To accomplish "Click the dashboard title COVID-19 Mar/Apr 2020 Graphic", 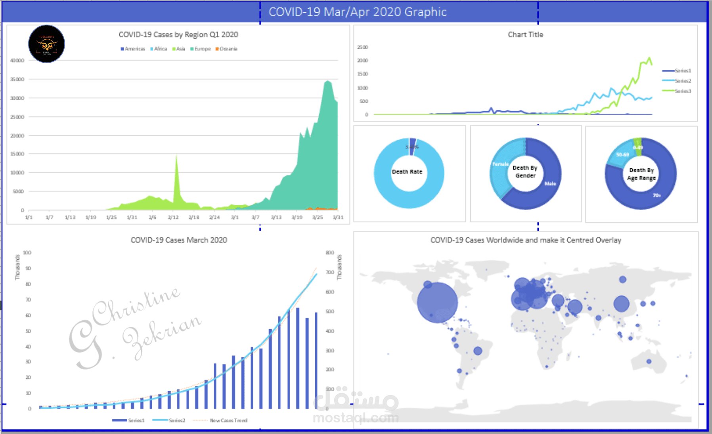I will pyautogui.click(x=358, y=12).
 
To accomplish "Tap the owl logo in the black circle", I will pyautogui.click(x=47, y=44).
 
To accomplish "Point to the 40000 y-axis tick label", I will pyautogui.click(x=17, y=60).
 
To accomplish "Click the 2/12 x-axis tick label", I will pyautogui.click(x=173, y=217).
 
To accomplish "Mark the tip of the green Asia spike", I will pyautogui.click(x=176, y=156).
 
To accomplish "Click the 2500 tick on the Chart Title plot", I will pyautogui.click(x=362, y=47).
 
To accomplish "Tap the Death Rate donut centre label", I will pyautogui.click(x=407, y=172).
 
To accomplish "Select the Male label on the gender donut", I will pyautogui.click(x=550, y=183).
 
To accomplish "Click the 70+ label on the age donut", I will pyautogui.click(x=657, y=195).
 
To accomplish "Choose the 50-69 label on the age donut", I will pyautogui.click(x=622, y=154).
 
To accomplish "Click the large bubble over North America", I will pyautogui.click(x=437, y=303).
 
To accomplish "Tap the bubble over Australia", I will pyautogui.click(x=649, y=361).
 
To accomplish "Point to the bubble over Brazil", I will pyautogui.click(x=478, y=351).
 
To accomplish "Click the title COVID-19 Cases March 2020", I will pyautogui.click(x=179, y=240).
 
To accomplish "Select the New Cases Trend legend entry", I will pyautogui.click(x=228, y=420).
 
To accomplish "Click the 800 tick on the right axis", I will pyautogui.click(x=330, y=253).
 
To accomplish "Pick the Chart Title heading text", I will pyautogui.click(x=525, y=35).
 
